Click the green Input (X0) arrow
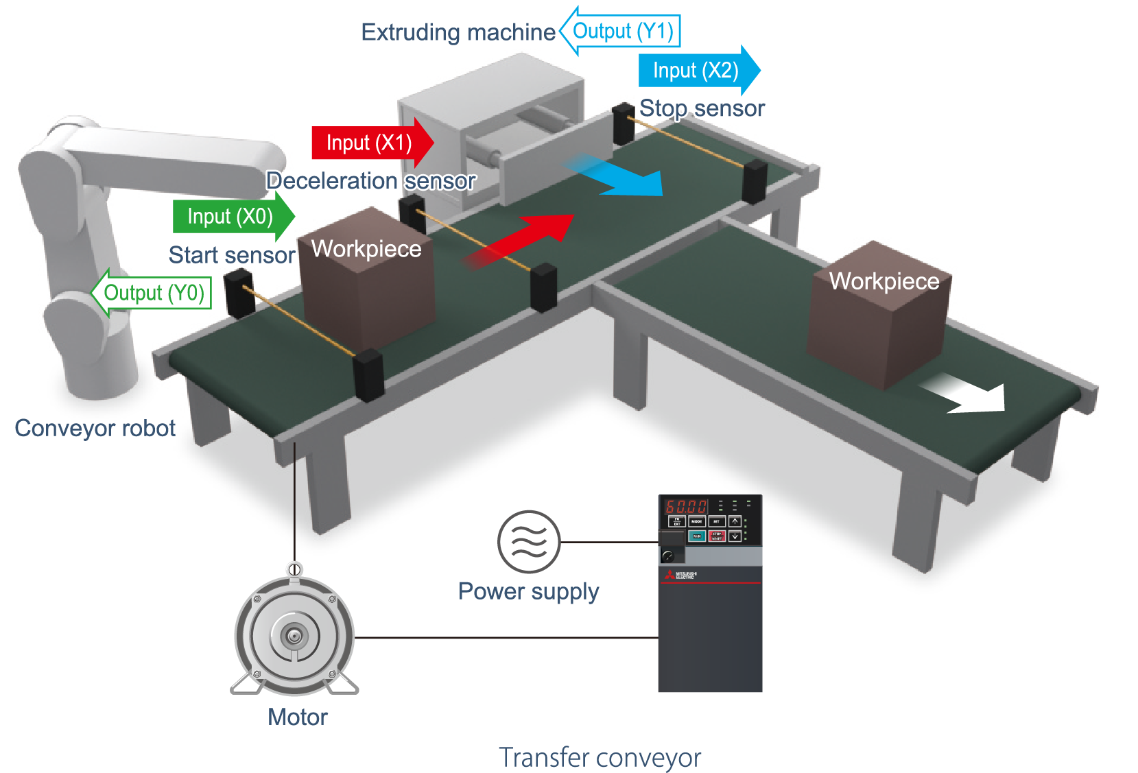coord(232,217)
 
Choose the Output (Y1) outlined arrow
coord(620,31)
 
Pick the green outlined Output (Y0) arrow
coord(152,293)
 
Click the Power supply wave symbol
coord(529,542)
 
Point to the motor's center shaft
coord(294,636)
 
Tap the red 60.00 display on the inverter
coord(685,507)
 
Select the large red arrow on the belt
coord(521,240)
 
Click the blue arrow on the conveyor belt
coord(617,177)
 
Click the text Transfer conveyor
coord(600,758)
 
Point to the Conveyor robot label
coord(95,428)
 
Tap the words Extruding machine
coord(458,32)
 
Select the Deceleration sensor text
coord(371,181)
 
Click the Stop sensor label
coord(702,108)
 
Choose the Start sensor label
coord(232,255)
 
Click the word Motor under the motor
coord(298,717)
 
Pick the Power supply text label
coord(528,591)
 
